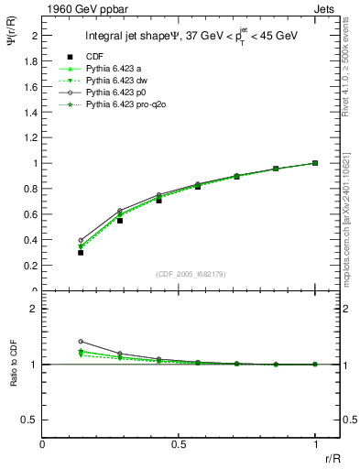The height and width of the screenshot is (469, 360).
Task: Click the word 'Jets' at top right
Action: [x=326, y=8]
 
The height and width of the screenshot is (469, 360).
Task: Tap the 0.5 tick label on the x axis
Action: [x=179, y=444]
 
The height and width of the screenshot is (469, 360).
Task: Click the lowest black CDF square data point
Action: [x=81, y=252]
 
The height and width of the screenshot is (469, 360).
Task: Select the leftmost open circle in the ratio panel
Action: [x=81, y=341]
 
